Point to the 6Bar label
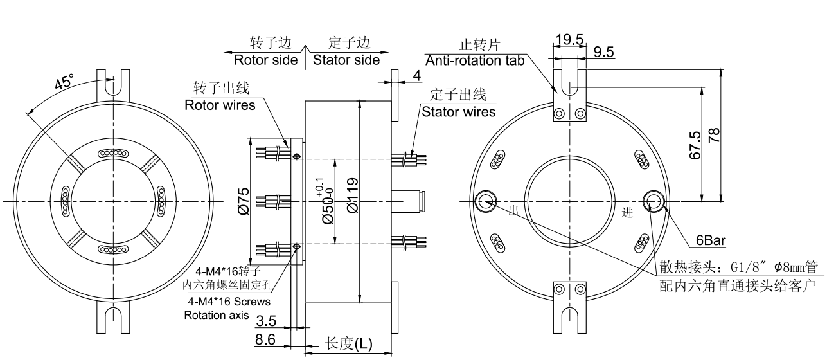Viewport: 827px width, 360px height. tap(711, 241)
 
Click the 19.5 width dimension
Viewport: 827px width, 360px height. tap(569, 40)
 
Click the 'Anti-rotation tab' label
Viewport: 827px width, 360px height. tap(476, 60)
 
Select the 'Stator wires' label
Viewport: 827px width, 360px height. tap(459, 111)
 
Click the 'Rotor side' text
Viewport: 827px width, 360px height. tap(265, 60)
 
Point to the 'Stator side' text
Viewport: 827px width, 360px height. tap(346, 60)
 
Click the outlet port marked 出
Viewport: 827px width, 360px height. tap(485, 202)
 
